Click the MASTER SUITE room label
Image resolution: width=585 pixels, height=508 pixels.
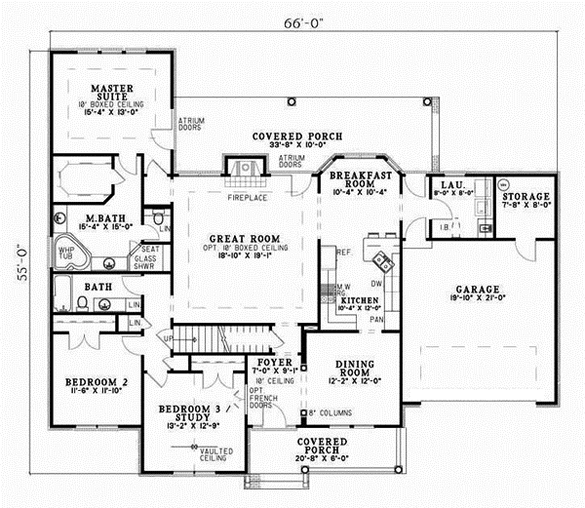pyautogui.click(x=111, y=95)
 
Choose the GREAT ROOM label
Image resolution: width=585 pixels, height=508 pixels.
pyautogui.click(x=245, y=238)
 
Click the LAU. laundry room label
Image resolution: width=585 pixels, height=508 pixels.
pyautogui.click(x=451, y=184)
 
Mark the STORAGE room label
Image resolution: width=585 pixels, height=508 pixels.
pyautogui.click(x=525, y=182)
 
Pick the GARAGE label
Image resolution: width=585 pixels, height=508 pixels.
pyautogui.click(x=476, y=290)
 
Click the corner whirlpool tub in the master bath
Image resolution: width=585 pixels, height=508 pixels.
pyautogui.click(x=70, y=252)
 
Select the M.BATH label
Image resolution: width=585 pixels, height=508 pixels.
pyautogui.click(x=102, y=216)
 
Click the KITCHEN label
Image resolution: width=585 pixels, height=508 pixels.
pyautogui.click(x=359, y=300)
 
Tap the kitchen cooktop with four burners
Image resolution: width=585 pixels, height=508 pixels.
pyautogui.click(x=379, y=261)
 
